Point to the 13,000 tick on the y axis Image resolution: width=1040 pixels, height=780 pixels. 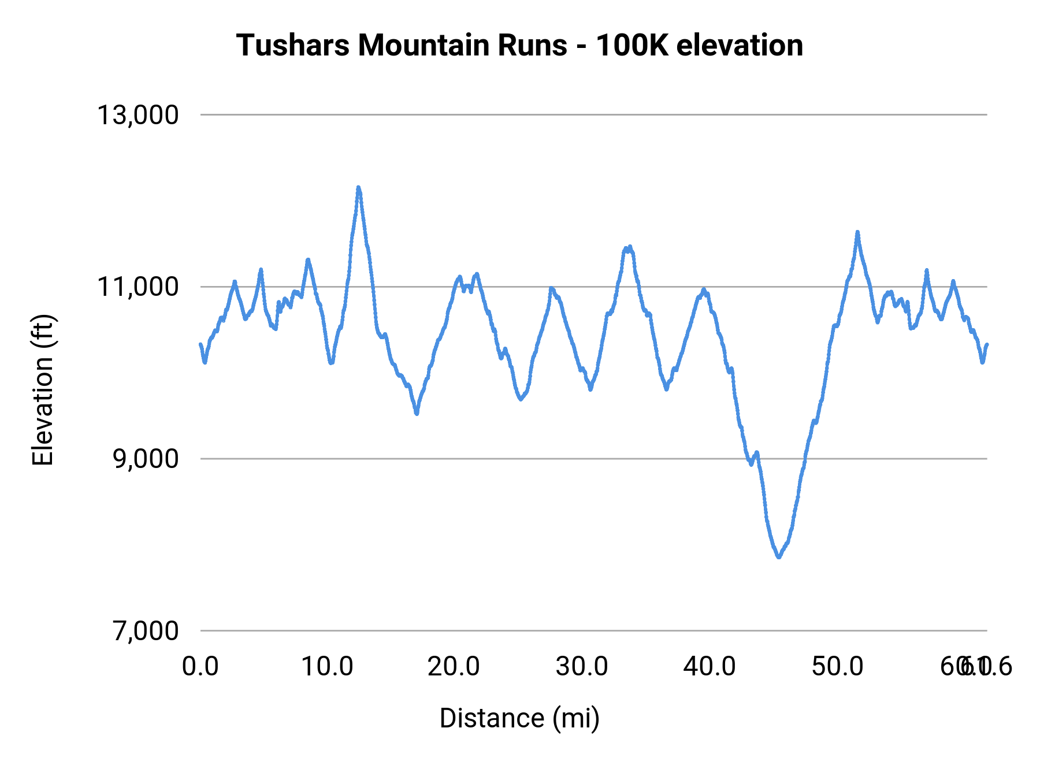point(138,115)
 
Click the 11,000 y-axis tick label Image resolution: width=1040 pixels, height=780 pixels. point(138,287)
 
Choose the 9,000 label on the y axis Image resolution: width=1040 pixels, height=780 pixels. point(146,459)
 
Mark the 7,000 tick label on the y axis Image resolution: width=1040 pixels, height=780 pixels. point(146,630)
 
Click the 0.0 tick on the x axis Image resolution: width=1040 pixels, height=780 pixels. point(200,667)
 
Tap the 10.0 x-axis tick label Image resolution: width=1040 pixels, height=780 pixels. point(328,667)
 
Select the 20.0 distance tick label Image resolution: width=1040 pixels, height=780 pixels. point(454,667)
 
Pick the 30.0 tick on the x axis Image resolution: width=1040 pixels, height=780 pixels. point(582,667)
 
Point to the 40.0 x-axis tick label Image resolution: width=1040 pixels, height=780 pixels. point(710,667)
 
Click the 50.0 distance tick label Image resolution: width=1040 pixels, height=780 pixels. point(837,667)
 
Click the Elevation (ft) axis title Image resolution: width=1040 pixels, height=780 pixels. point(43,390)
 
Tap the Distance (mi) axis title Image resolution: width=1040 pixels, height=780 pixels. point(519,718)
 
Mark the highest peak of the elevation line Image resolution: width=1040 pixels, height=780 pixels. point(358,188)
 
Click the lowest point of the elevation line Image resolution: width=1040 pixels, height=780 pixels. point(779,557)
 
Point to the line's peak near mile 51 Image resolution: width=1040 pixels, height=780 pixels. point(857,232)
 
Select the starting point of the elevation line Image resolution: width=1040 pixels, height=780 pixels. point(200,344)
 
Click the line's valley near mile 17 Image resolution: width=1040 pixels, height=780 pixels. point(417,413)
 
